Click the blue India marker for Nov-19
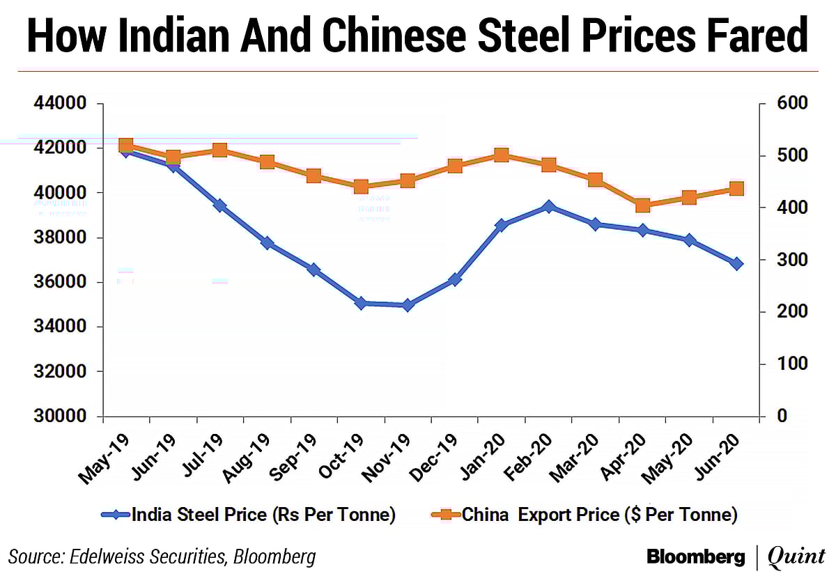pos(408,305)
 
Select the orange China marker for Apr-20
pos(642,205)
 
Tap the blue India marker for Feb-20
pos(548,207)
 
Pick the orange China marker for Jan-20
pos(502,155)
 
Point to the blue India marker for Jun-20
pos(736,263)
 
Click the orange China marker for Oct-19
pos(361,187)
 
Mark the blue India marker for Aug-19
pos(267,243)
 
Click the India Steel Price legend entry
pos(249,515)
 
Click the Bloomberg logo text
pos(696,556)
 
